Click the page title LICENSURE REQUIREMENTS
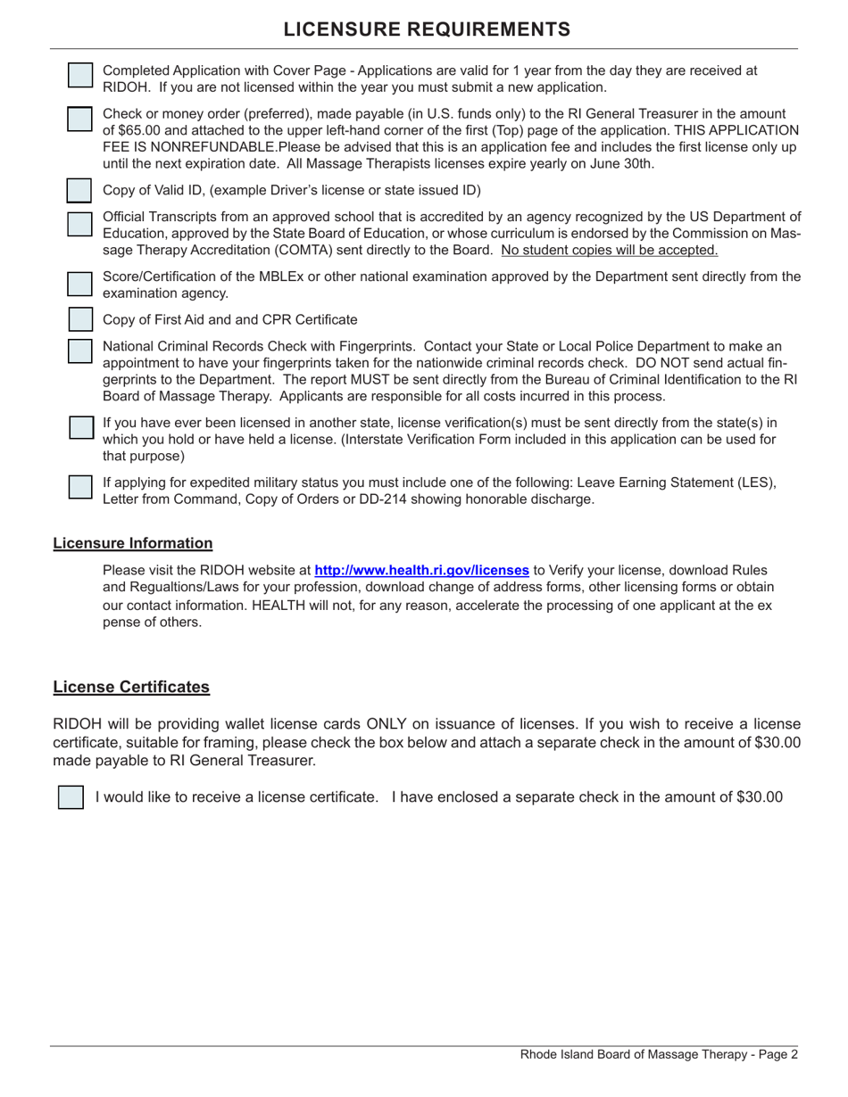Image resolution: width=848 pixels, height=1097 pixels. (x=427, y=29)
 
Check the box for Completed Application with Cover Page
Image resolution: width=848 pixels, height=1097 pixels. (x=80, y=76)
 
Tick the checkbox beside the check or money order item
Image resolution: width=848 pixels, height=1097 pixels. (x=80, y=120)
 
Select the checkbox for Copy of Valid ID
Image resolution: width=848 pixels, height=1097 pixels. (x=80, y=190)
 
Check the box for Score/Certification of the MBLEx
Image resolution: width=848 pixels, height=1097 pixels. (x=80, y=284)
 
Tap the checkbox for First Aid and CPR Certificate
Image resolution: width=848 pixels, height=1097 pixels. (x=80, y=319)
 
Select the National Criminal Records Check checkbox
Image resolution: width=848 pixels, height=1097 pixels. (x=80, y=351)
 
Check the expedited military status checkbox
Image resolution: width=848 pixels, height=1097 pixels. (x=80, y=487)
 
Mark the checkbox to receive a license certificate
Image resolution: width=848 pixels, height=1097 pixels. (x=71, y=797)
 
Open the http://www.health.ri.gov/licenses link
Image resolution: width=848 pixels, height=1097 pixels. (x=421, y=570)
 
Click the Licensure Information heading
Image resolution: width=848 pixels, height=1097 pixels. (x=133, y=543)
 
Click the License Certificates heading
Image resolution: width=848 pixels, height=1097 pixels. (x=131, y=687)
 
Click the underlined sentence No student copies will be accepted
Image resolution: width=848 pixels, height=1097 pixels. (x=610, y=250)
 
